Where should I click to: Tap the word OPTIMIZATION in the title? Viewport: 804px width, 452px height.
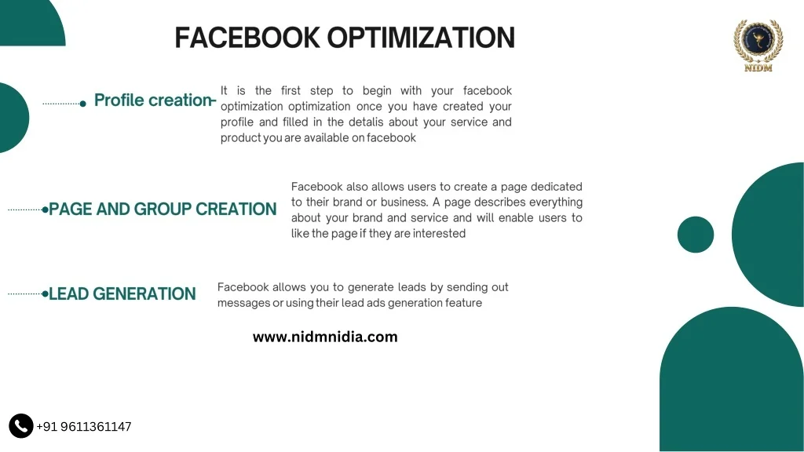tap(421, 38)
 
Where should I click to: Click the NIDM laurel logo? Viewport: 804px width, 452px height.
tap(758, 45)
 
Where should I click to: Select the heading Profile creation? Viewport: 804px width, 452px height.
tap(152, 100)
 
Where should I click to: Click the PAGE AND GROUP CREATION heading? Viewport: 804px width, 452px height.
tap(163, 210)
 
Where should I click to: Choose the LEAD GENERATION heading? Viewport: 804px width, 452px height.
tap(122, 294)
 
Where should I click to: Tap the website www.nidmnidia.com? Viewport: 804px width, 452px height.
tap(325, 337)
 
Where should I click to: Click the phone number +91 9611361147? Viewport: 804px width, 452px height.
tap(84, 427)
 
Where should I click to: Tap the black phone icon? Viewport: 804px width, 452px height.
tap(21, 426)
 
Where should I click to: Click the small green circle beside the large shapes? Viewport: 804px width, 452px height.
tap(695, 235)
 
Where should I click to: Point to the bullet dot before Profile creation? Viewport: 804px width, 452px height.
tap(83, 104)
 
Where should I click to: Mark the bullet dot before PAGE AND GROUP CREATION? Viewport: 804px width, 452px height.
tap(46, 210)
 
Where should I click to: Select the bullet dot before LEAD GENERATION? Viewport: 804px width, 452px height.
tap(46, 294)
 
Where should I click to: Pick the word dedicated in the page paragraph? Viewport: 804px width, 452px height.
tap(556, 187)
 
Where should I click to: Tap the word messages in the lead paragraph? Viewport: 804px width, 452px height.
tap(243, 303)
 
